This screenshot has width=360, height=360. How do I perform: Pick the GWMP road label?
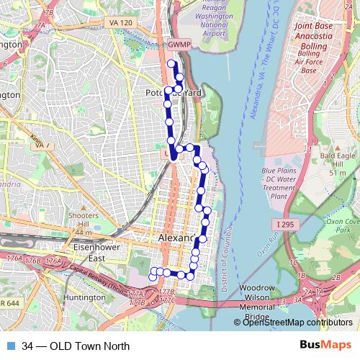pos(178,45)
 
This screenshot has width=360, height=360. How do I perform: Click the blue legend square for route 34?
pos(10,345)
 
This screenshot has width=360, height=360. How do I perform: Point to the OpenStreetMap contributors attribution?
pos(297,322)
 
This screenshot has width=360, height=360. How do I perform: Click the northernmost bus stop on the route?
pos(171,63)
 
